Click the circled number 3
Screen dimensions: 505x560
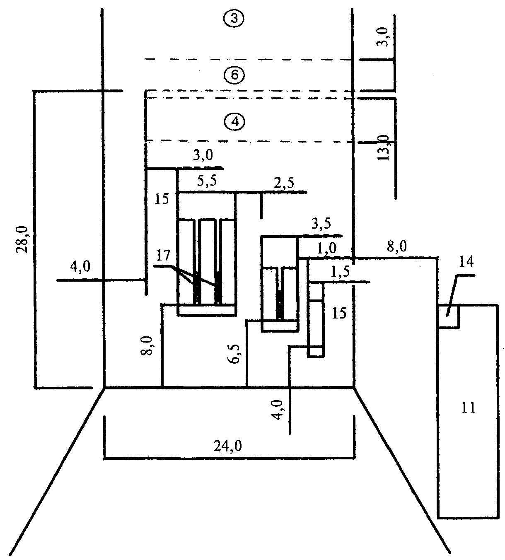(x=234, y=19)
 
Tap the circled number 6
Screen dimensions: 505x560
(x=234, y=75)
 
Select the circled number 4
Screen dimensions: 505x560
(x=234, y=122)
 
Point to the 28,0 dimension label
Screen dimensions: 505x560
(x=22, y=239)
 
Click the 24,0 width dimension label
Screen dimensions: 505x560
(x=227, y=446)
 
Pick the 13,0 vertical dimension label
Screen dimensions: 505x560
(x=383, y=147)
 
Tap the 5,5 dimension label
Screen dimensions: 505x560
(x=207, y=181)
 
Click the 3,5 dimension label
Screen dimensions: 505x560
(x=321, y=224)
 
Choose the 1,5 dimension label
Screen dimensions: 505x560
(x=340, y=272)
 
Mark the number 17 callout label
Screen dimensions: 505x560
(x=163, y=256)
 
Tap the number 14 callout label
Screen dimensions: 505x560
(x=466, y=262)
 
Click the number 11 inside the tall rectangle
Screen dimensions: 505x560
(x=469, y=408)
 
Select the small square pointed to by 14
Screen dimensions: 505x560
(x=448, y=316)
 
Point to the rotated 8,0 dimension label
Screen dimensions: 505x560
(x=147, y=345)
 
